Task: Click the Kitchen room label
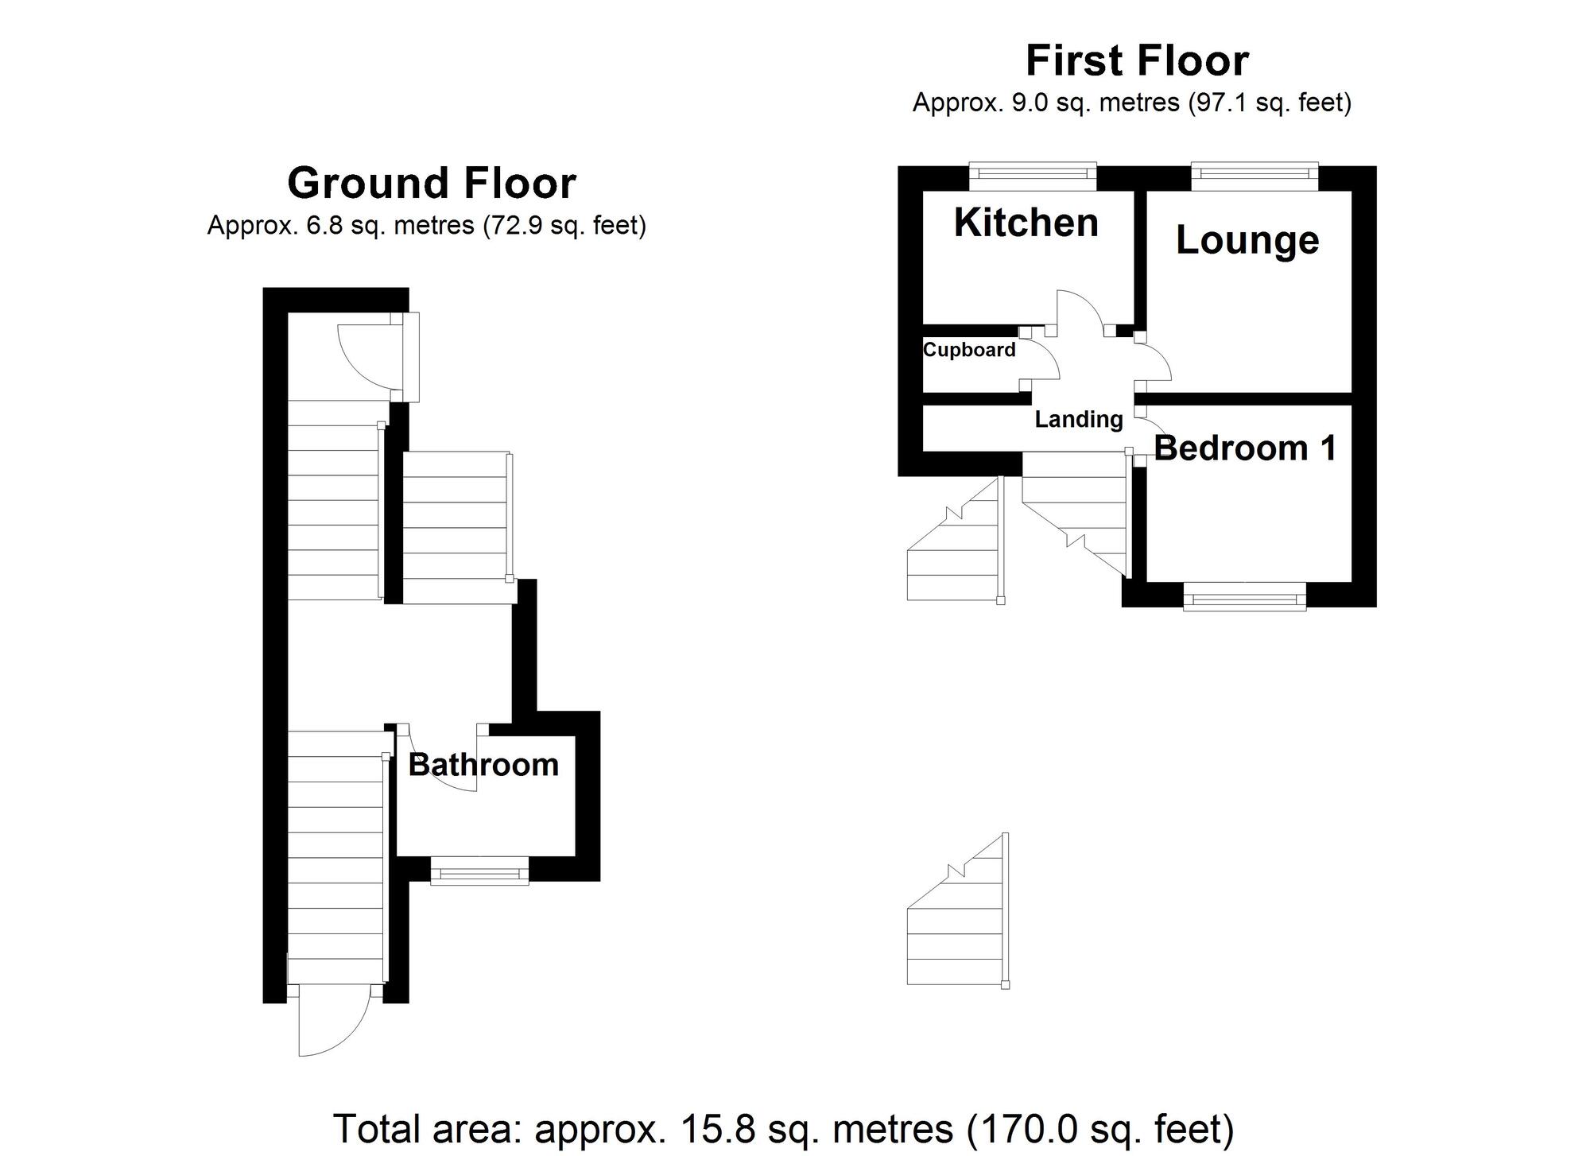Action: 1026,223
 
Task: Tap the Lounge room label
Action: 1247,240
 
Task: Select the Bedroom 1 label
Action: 1245,448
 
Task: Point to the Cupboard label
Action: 969,350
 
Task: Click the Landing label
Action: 1078,419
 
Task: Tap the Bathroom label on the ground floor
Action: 483,765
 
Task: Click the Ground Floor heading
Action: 431,183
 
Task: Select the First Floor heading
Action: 1137,60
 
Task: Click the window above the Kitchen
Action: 1033,175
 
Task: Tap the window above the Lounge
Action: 1255,175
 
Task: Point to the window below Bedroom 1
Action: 1244,596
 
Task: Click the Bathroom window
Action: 479,871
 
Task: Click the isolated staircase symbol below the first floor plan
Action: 958,914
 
